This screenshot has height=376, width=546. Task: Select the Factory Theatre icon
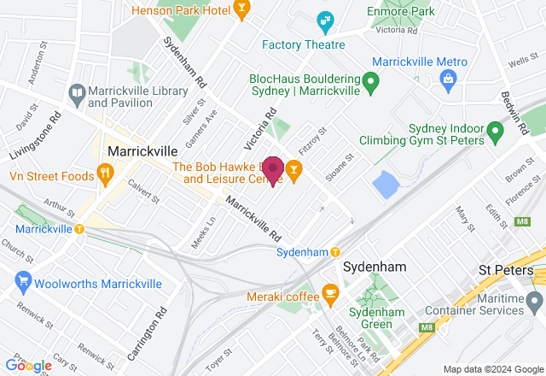click(325, 19)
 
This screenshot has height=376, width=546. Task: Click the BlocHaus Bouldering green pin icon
click(370, 83)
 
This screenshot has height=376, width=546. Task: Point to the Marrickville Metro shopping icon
click(447, 79)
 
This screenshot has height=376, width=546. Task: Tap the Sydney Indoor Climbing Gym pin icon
click(494, 132)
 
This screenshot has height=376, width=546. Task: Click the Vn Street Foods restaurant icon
click(105, 176)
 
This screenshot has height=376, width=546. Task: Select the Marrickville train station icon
click(79, 229)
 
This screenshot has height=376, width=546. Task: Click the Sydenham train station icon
click(335, 252)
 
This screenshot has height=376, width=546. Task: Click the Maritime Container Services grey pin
click(534, 302)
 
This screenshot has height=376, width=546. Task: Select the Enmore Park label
click(400, 11)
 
